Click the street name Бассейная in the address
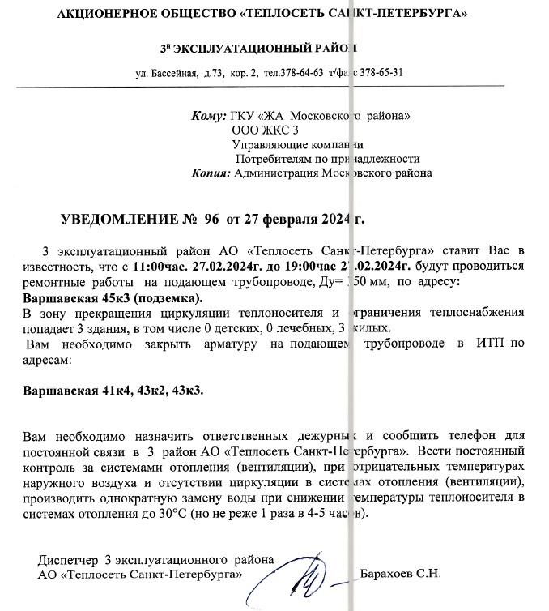pyautogui.click(x=172, y=74)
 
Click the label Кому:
pyautogui.click(x=209, y=116)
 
